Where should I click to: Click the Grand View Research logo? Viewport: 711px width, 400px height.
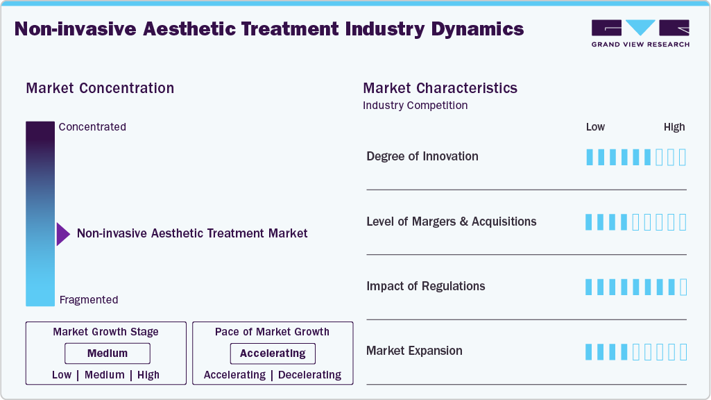[640, 33]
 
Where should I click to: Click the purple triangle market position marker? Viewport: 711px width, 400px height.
[63, 234]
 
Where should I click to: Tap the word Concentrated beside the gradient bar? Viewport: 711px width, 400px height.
[92, 127]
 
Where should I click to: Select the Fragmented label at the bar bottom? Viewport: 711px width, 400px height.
[89, 300]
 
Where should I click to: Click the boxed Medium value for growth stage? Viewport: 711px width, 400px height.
[108, 353]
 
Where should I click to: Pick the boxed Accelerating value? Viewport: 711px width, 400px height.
[273, 353]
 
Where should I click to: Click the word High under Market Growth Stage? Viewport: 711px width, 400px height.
[148, 375]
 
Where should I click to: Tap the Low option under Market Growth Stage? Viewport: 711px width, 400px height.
[62, 375]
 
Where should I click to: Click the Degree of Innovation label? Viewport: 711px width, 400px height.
[422, 156]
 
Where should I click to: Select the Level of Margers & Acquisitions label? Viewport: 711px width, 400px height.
[452, 222]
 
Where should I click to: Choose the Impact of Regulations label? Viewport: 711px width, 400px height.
[426, 286]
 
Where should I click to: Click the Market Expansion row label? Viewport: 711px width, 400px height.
[414, 351]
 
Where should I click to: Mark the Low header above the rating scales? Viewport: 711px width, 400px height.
[595, 127]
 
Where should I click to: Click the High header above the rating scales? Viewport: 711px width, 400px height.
[674, 127]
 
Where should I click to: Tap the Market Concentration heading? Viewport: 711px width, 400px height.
[100, 88]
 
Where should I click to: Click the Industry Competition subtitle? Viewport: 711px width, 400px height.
[416, 106]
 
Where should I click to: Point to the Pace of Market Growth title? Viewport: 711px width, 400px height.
[272, 332]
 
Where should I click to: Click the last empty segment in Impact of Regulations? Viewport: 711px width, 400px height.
[683, 287]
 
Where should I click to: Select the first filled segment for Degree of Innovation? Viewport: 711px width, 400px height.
[590, 157]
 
